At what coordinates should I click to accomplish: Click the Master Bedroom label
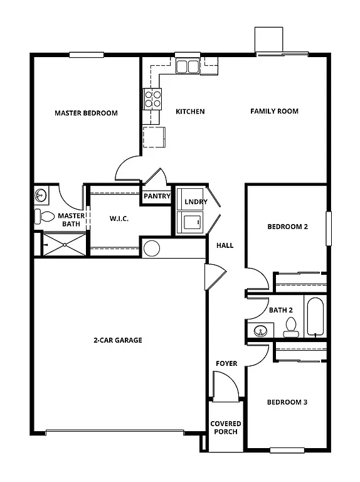point(86,114)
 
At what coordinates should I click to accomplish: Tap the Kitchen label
point(190,112)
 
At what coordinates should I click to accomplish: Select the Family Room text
point(274,111)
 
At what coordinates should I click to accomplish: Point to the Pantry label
point(157,196)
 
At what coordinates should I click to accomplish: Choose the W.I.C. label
point(119,219)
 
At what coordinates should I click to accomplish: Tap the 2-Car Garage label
point(118,340)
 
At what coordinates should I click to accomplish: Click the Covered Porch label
point(226,428)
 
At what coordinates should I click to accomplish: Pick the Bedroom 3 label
point(287,402)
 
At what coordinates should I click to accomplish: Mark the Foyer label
point(226,363)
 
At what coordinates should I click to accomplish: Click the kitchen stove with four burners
point(153,98)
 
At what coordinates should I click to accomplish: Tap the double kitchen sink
point(187,66)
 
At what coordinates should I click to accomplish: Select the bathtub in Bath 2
point(315,316)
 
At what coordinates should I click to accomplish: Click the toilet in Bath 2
point(290,325)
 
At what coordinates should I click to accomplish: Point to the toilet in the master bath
point(45,217)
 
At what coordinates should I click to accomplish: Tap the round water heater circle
point(152,248)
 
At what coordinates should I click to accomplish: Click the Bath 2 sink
point(260,330)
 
